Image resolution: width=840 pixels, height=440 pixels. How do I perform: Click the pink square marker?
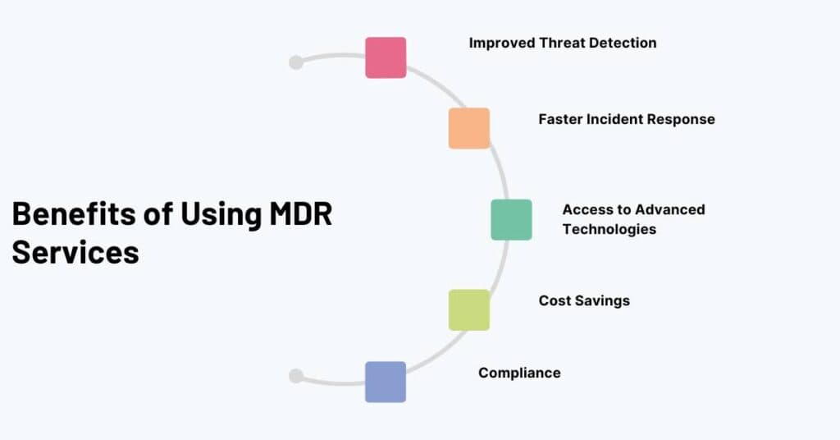pos(386,57)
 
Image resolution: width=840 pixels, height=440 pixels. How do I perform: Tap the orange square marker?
pos(469,128)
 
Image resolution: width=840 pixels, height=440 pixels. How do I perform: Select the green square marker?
pos(511,219)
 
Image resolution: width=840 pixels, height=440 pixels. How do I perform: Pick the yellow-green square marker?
pos(469,309)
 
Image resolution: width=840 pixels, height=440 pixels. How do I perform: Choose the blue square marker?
pos(386,382)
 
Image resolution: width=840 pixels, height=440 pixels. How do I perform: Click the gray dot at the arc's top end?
pos(296,62)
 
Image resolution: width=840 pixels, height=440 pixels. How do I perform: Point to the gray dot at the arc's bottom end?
pos(296,376)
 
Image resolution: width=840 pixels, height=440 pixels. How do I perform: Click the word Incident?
pos(615,119)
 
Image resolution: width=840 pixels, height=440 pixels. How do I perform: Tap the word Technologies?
pos(609,229)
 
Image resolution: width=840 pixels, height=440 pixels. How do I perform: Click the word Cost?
pos(554,300)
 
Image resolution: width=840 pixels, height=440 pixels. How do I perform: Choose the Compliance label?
pos(519,373)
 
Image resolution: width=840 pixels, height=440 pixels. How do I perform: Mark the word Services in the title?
pos(75,251)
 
